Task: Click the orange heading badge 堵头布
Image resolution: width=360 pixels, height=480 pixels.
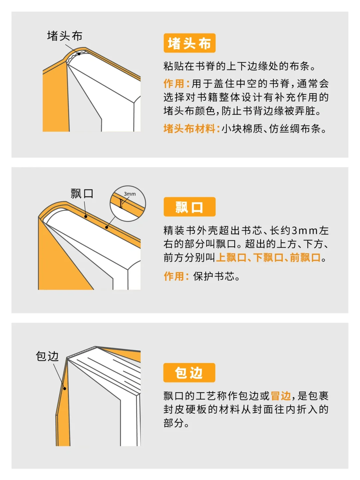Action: pyautogui.click(x=189, y=43)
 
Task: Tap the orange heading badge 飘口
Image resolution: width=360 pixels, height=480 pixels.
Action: pyautogui.click(x=189, y=207)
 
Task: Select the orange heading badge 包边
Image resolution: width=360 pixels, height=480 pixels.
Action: pyautogui.click(x=189, y=373)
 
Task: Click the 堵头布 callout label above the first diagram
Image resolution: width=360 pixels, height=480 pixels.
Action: pyautogui.click(x=65, y=36)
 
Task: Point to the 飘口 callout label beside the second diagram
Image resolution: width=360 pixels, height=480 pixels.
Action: pyautogui.click(x=82, y=193)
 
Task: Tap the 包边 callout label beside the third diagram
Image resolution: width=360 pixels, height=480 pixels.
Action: pyautogui.click(x=47, y=356)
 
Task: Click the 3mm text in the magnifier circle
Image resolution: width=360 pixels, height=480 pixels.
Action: pyautogui.click(x=130, y=194)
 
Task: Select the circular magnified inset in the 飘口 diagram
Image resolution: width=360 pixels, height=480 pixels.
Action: pyautogui.click(x=128, y=203)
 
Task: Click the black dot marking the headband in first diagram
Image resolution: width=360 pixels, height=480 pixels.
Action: pyautogui.click(x=79, y=54)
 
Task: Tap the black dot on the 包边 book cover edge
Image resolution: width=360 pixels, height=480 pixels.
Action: pyautogui.click(x=65, y=388)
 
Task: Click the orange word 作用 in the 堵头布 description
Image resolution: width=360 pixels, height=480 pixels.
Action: pyautogui.click(x=174, y=83)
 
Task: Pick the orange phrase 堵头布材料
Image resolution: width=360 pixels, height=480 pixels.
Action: pyautogui.click(x=189, y=128)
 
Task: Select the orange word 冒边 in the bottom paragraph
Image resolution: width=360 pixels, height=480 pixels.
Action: pyautogui.click(x=281, y=396)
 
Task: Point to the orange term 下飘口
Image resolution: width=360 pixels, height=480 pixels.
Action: pyautogui.click(x=268, y=258)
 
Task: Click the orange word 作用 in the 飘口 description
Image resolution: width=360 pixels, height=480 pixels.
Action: pyautogui.click(x=174, y=276)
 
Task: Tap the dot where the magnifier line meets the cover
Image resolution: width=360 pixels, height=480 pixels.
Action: pyautogui.click(x=107, y=227)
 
